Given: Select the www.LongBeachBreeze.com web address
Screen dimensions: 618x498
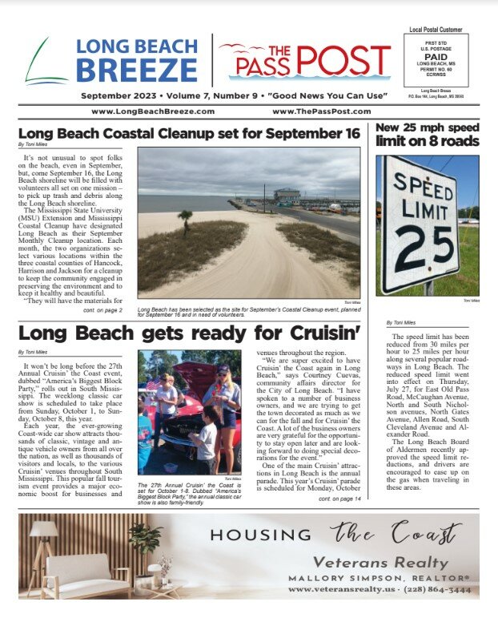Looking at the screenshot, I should (x=146, y=111).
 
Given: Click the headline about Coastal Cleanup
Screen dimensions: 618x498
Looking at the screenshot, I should (x=188, y=133).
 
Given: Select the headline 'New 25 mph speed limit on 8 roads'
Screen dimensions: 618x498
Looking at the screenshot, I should (x=427, y=135).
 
